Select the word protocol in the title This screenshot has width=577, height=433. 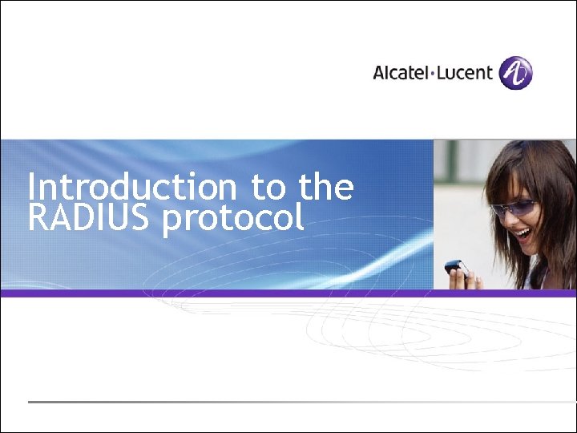pyautogui.click(x=233, y=220)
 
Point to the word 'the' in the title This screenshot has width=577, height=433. pyautogui.click(x=326, y=188)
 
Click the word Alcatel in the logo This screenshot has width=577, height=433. pyautogui.click(x=401, y=73)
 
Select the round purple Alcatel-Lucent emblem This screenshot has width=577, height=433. pyautogui.click(x=515, y=73)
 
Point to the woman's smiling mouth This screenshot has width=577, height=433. pyautogui.click(x=523, y=235)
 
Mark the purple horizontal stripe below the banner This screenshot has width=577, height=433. pyautogui.click(x=288, y=293)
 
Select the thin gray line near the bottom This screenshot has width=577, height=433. pyautogui.click(x=288, y=401)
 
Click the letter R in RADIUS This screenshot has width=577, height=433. pyautogui.click(x=38, y=218)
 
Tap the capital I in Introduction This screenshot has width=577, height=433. pyautogui.click(x=31, y=188)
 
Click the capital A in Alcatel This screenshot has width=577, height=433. pyautogui.click(x=379, y=73)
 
